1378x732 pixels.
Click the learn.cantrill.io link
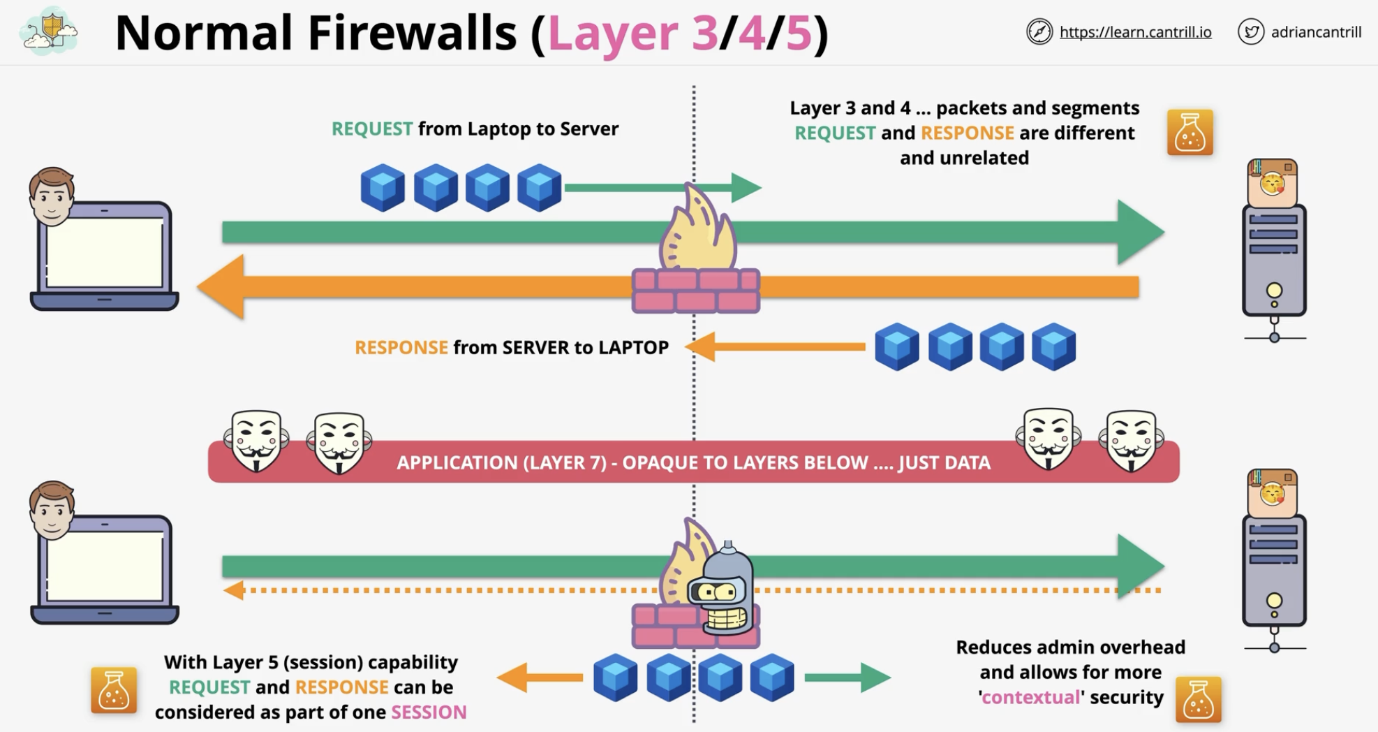coord(1135,32)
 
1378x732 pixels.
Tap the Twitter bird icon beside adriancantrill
coord(1251,32)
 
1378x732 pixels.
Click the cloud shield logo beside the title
coord(50,31)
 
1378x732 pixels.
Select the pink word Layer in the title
coord(612,33)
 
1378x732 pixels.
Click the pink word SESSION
coord(429,712)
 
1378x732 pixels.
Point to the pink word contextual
coord(1031,697)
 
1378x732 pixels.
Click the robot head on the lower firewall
coord(722,589)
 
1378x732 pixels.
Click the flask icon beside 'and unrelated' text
coord(1190,132)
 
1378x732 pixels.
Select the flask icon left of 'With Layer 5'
coord(114,690)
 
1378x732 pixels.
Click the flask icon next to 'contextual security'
coord(1198,699)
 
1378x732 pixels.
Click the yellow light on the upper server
coord(1274,290)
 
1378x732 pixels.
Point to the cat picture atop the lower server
coord(1272,492)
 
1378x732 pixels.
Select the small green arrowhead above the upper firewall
coord(746,187)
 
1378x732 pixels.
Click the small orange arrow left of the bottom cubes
coord(540,678)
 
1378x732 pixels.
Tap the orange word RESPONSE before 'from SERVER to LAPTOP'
coord(401,347)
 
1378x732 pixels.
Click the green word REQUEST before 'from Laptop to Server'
coord(372,129)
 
